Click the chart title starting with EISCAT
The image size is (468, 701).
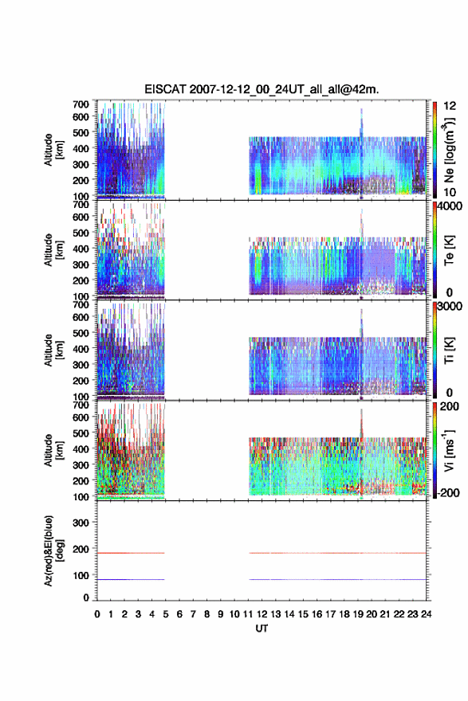click(262, 89)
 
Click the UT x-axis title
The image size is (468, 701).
click(262, 629)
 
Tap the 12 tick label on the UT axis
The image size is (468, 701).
click(262, 614)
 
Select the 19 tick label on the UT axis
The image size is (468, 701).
click(358, 614)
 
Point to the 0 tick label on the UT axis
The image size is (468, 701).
click(97, 614)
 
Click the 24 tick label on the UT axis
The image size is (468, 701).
click(426, 614)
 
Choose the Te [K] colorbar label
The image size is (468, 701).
click(450, 250)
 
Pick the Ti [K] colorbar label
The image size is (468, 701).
click(450, 350)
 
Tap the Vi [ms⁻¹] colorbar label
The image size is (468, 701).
click(450, 451)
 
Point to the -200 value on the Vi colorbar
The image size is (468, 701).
click(448, 493)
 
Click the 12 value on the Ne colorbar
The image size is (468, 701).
click(450, 106)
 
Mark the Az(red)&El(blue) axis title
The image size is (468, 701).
click(52, 550)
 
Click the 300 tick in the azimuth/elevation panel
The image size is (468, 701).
click(81, 523)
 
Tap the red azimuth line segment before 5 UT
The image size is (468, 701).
click(131, 553)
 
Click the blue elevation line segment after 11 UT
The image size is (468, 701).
click(338, 579)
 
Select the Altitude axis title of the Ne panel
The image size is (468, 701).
click(53, 150)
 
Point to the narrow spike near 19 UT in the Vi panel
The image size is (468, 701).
click(361, 425)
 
